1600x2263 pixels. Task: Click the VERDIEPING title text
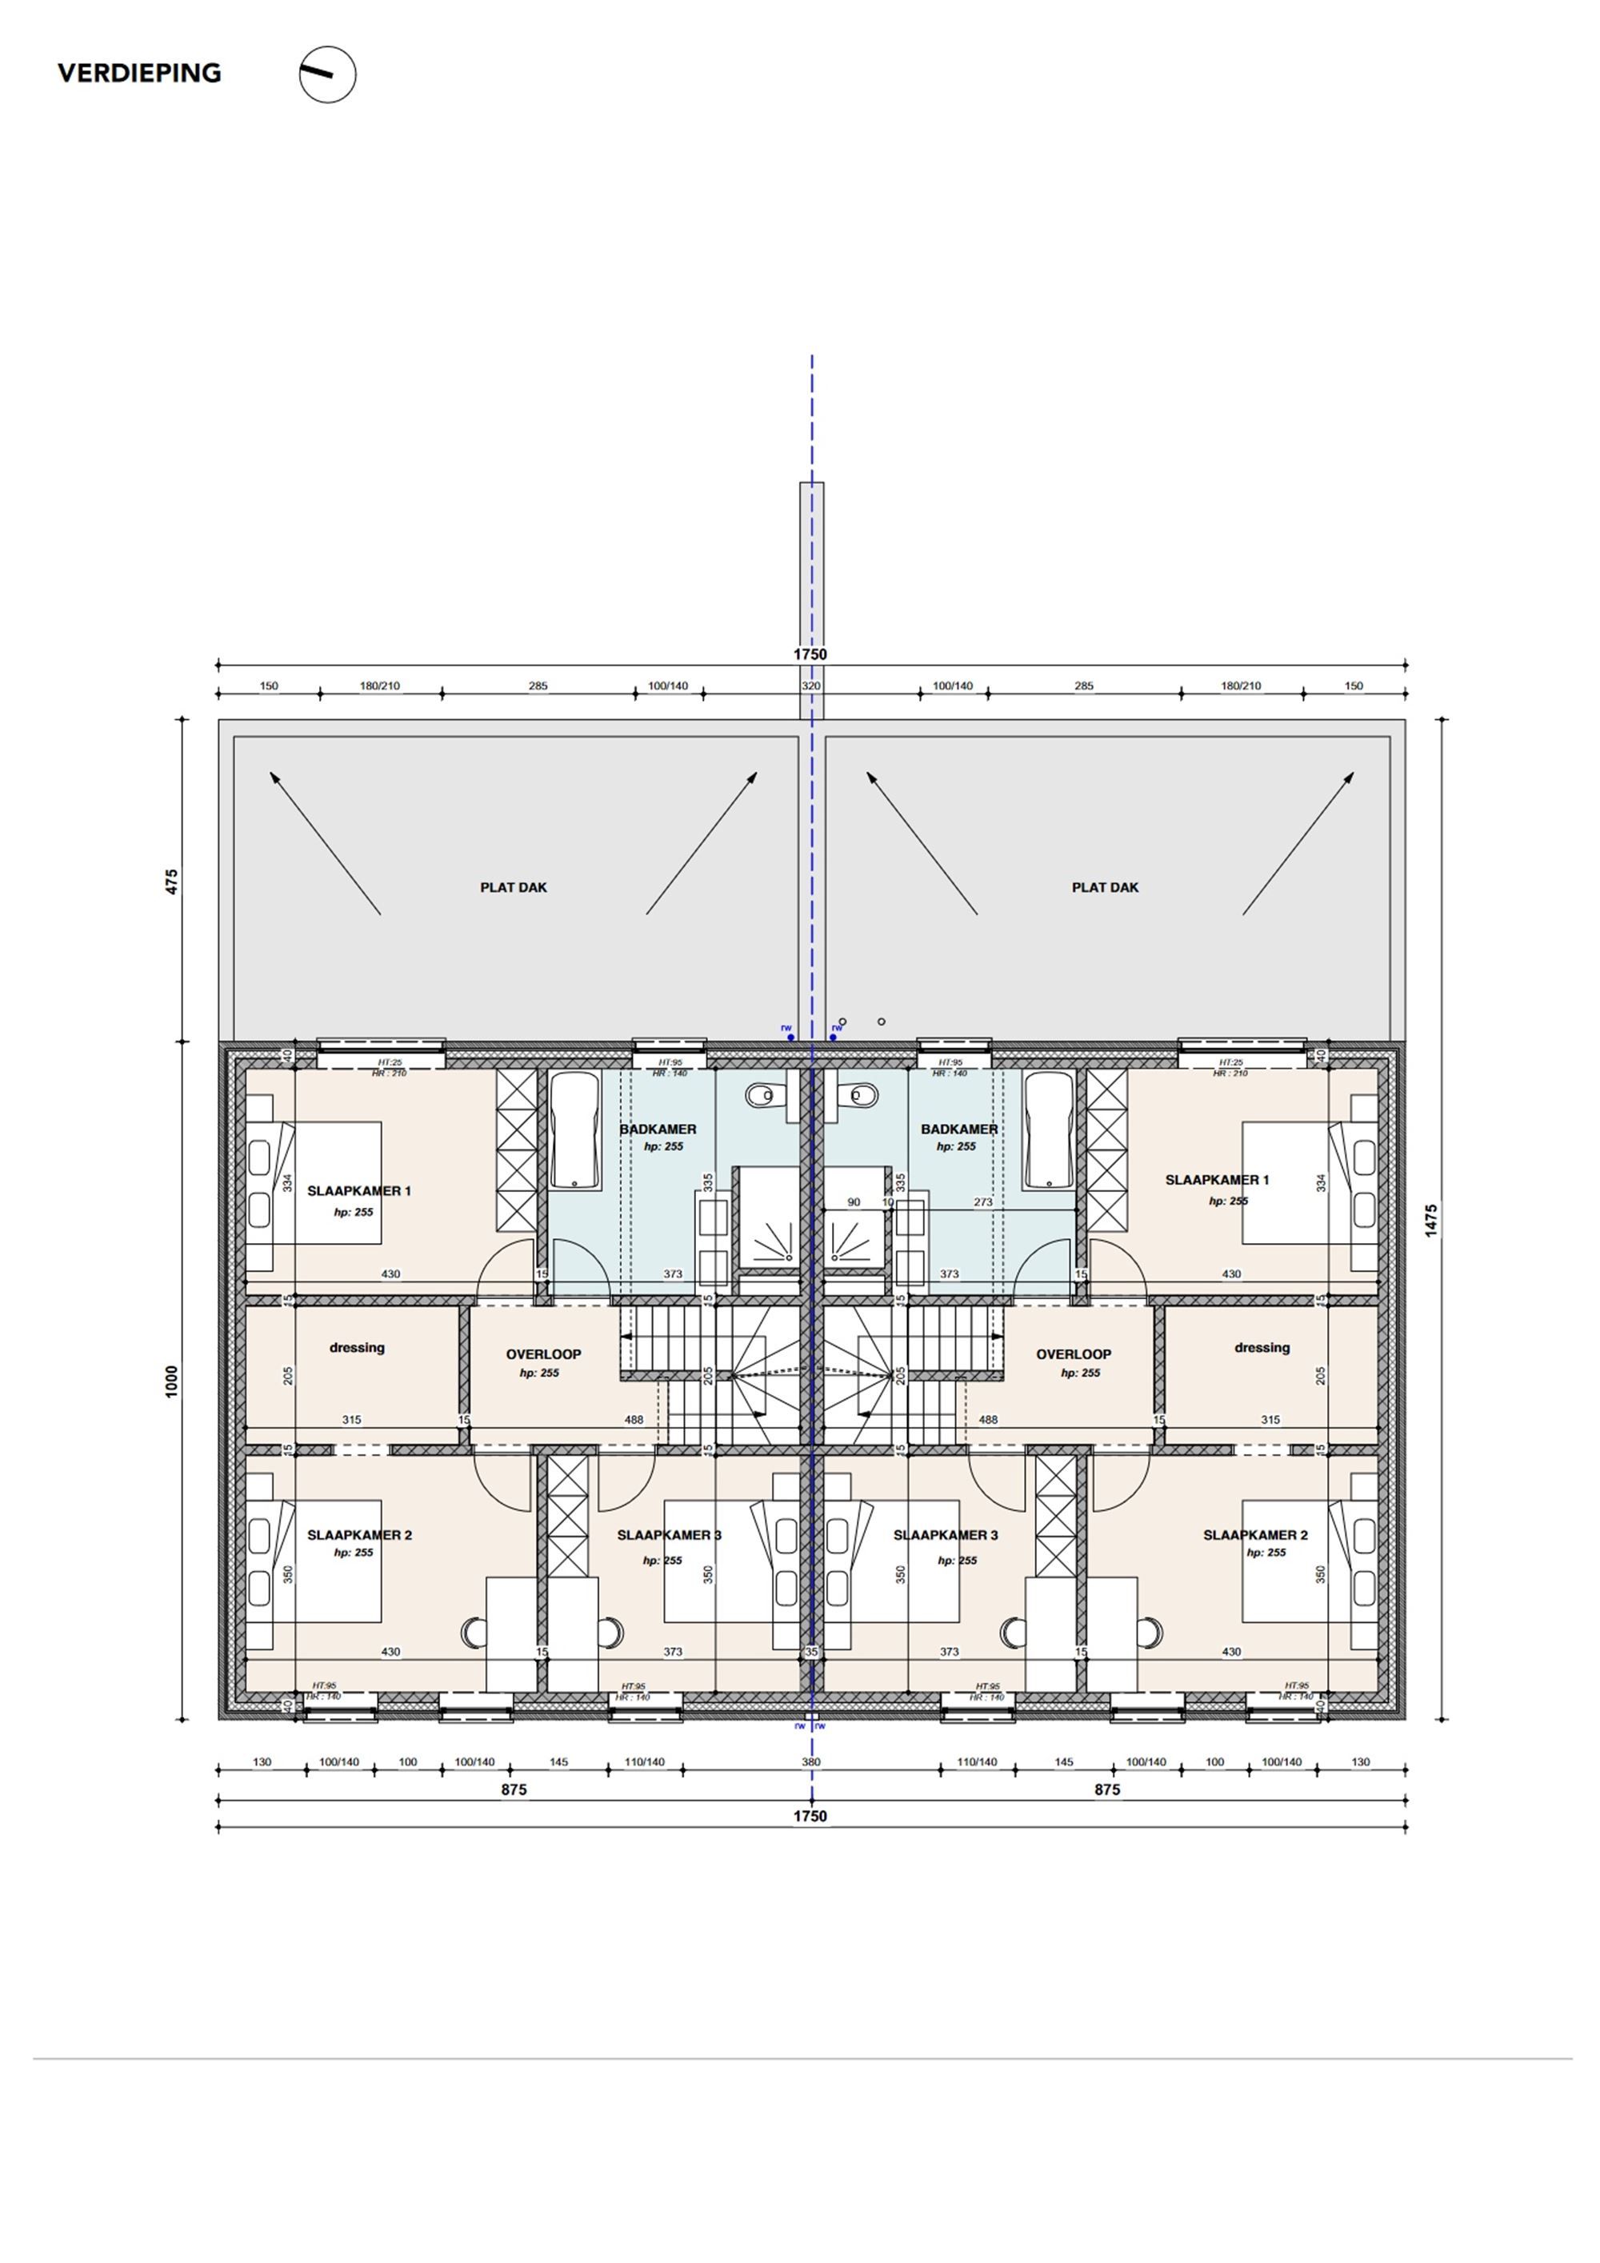(139, 73)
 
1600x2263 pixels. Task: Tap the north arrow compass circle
(327, 75)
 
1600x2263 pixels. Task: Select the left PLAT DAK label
(513, 887)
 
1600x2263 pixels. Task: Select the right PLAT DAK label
(1104, 887)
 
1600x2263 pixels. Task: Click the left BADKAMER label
(658, 1130)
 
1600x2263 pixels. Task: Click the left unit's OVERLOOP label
(543, 1354)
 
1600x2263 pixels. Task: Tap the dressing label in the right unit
(1261, 1347)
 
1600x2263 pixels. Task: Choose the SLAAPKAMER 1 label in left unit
(359, 1190)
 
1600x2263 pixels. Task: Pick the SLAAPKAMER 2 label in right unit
(1255, 1534)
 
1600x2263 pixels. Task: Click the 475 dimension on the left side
(171, 880)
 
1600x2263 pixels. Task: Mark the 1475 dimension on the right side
(1430, 1220)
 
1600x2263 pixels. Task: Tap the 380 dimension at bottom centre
(810, 1762)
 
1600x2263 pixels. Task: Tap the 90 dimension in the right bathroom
(854, 1202)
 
